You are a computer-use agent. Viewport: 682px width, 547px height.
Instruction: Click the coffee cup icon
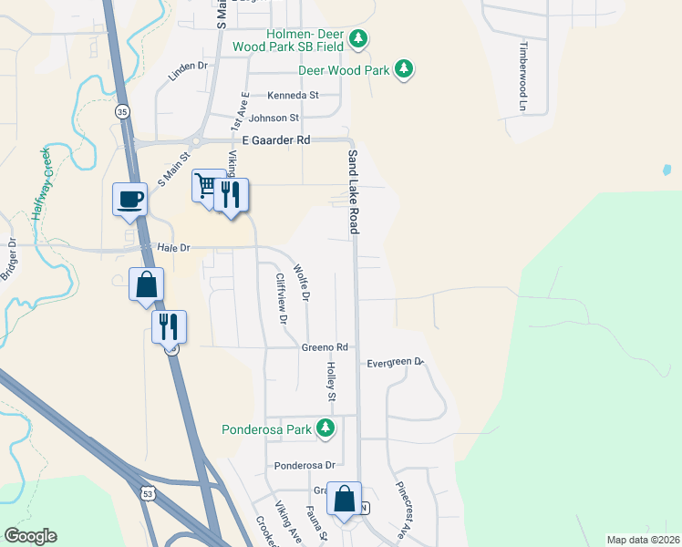(x=129, y=198)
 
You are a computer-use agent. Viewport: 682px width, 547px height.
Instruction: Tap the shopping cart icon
(x=206, y=186)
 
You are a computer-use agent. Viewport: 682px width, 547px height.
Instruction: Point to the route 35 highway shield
(x=122, y=111)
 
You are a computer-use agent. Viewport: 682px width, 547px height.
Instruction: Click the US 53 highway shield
(x=148, y=492)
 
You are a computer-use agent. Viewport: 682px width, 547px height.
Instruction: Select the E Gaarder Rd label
(x=277, y=140)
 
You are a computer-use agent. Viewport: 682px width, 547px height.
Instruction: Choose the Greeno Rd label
(x=325, y=347)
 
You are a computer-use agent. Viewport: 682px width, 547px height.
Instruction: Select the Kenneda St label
(x=293, y=95)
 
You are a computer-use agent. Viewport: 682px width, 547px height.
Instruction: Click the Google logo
(x=30, y=536)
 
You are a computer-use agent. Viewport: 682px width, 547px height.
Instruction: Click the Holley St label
(x=332, y=381)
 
